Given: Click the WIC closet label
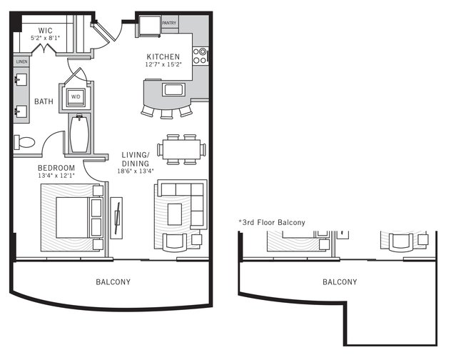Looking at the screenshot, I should (x=45, y=29).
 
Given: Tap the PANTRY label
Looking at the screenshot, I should (x=169, y=23).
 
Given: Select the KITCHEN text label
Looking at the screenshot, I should (x=163, y=56).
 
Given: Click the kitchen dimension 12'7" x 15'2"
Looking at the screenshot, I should (x=163, y=65).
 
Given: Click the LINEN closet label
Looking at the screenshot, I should (x=21, y=61).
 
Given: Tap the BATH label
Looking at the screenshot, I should (x=43, y=102).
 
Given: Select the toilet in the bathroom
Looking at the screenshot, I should (x=25, y=141).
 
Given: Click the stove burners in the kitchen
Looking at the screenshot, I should (x=202, y=55).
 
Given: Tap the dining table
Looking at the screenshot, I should (x=182, y=149).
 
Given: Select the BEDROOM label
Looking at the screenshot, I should (x=57, y=167).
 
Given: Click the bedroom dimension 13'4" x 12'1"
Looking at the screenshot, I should (x=57, y=176).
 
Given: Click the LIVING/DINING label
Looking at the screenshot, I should (x=135, y=159).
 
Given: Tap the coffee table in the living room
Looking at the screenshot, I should (x=175, y=213).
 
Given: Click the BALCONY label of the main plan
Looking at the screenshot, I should (x=113, y=282).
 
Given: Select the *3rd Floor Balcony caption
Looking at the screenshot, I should (x=272, y=222).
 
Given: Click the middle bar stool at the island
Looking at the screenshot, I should (x=166, y=113).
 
